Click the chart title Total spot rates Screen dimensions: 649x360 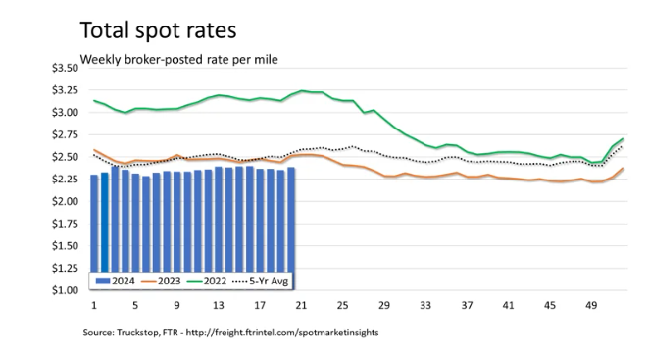(158, 30)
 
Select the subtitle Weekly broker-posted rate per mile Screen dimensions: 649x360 (178, 59)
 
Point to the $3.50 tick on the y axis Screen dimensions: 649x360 (65, 68)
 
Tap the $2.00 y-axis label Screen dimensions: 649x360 (65, 201)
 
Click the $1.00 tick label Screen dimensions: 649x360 (65, 290)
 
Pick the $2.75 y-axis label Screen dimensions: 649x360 (65, 134)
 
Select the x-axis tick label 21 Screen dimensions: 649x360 (301, 305)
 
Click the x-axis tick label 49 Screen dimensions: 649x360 (591, 305)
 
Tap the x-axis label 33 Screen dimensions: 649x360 (425, 305)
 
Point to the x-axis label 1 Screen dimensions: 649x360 (94, 305)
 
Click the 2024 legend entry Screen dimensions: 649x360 (115, 281)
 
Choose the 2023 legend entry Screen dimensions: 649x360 (161, 281)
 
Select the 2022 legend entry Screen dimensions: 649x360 (207, 281)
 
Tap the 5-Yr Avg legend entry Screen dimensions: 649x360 (260, 281)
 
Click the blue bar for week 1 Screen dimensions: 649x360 (94, 224)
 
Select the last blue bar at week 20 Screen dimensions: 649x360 (291, 220)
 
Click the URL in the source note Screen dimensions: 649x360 (282, 333)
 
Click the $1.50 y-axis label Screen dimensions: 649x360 (65, 246)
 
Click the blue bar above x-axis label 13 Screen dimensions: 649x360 (219, 220)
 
